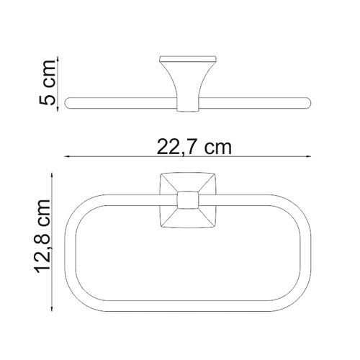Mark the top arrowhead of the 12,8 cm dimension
pyautogui.click(x=56, y=175)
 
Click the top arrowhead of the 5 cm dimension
pyautogui.click(x=56, y=57)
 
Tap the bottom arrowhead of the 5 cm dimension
pyautogui.click(x=56, y=109)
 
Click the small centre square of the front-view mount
pyautogui.click(x=188, y=204)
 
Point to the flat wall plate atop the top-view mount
pyautogui.click(x=188, y=57)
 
